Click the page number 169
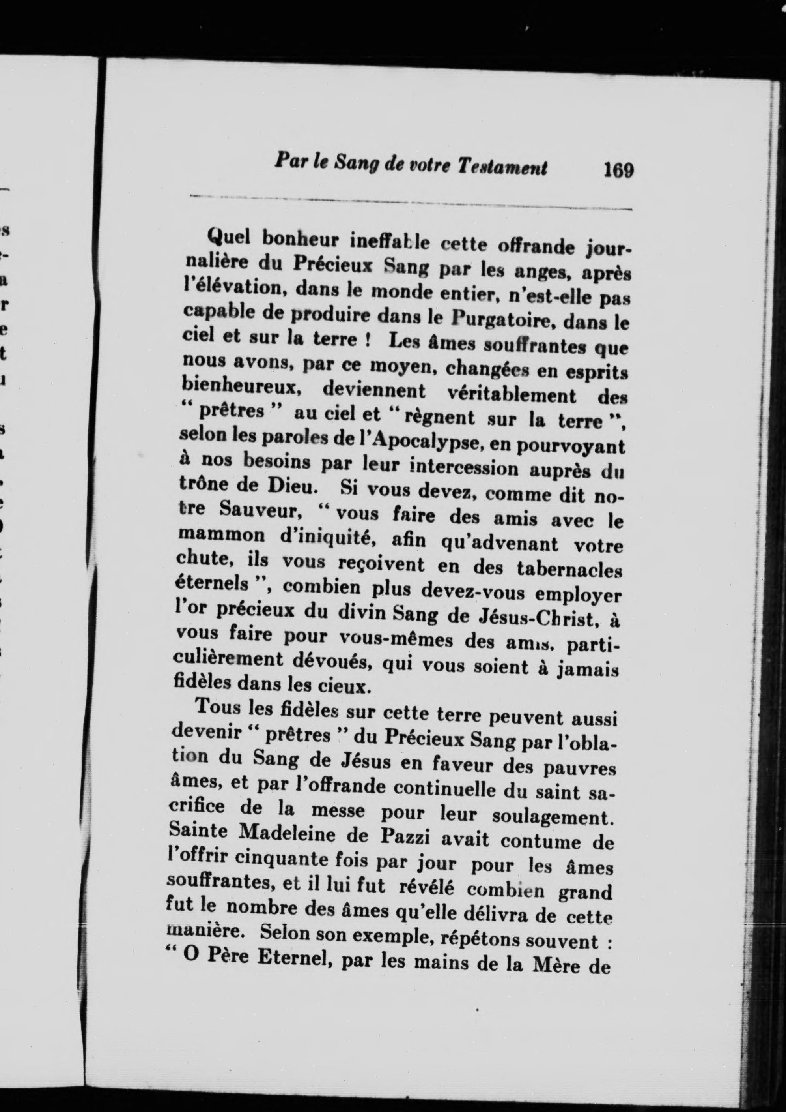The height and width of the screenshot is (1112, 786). (x=618, y=171)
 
